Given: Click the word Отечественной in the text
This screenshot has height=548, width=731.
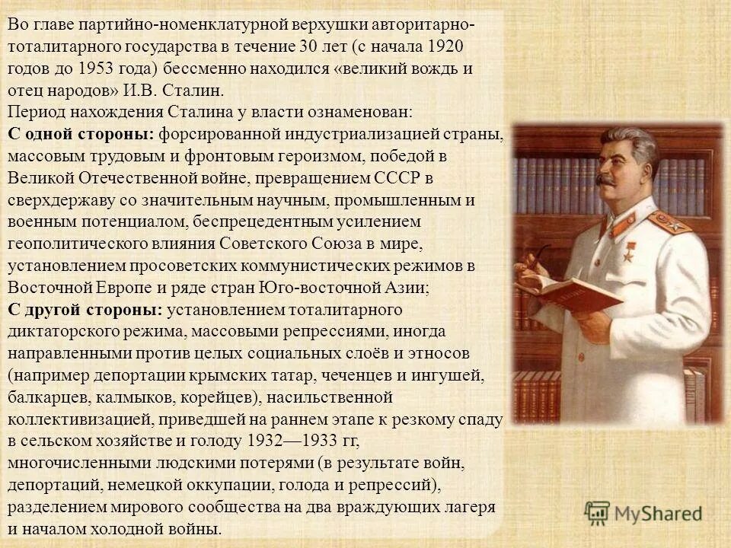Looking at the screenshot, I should point(160,178).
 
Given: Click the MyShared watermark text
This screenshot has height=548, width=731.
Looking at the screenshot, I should point(659,514).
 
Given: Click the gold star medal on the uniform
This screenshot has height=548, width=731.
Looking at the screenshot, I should point(627,254).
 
